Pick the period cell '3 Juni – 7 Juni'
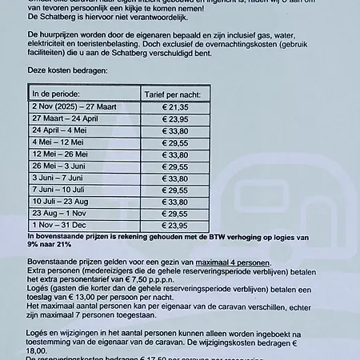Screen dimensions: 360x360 (60, 178)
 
